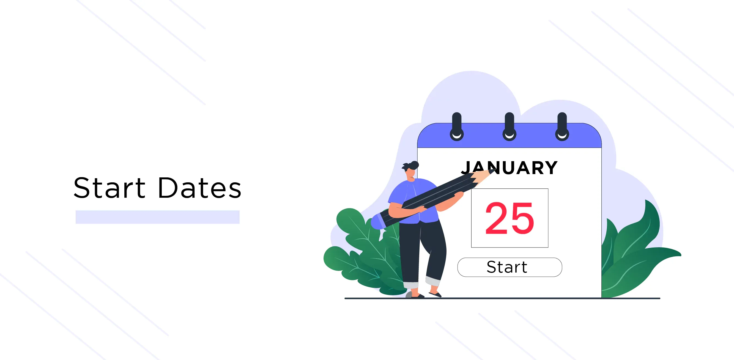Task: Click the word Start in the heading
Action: pos(110,188)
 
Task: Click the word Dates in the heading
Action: pos(200,188)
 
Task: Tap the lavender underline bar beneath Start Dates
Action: pos(158,217)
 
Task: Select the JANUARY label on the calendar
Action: pos(509,167)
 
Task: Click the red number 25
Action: pos(510,218)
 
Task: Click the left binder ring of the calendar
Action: pos(457,127)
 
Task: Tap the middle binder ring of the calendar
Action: pos(510,127)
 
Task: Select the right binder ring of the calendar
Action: pos(562,127)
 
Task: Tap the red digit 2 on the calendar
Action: pos(497,218)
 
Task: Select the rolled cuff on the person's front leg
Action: pos(433,281)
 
